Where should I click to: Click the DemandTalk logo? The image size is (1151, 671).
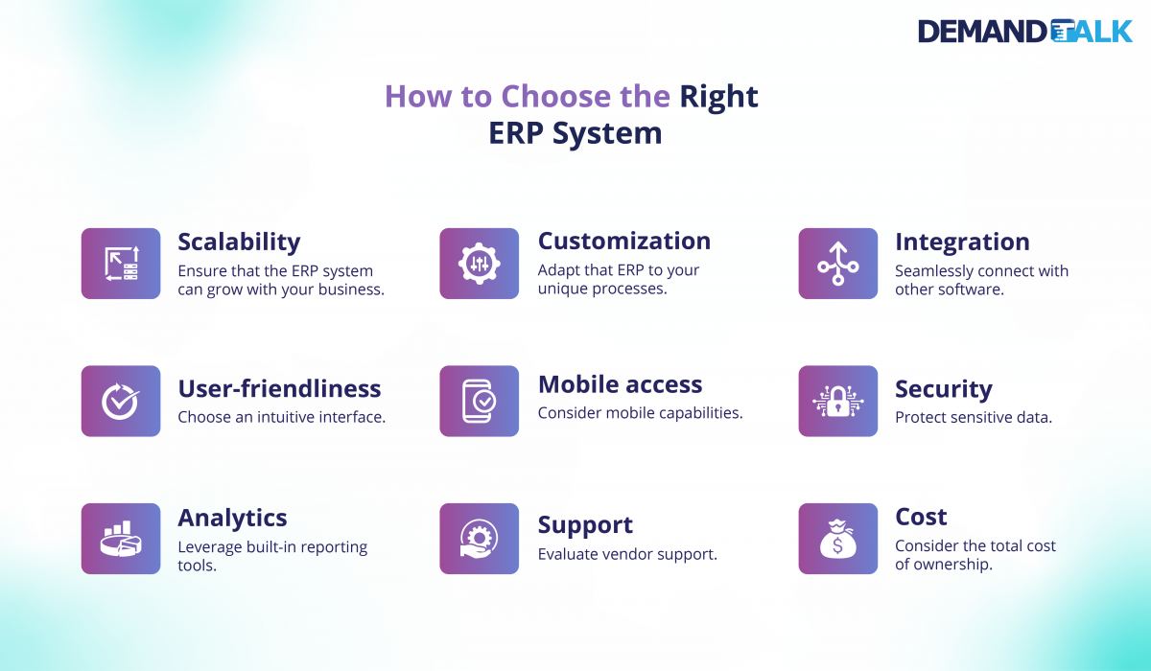tap(1025, 31)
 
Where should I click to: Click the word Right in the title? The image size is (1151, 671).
tap(718, 97)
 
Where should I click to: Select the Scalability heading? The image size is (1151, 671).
tap(239, 242)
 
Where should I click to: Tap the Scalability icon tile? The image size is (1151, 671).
tap(121, 264)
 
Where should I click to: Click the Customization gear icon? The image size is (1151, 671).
tap(479, 264)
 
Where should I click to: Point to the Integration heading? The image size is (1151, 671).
tap(962, 242)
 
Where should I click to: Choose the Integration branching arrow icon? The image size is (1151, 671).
tap(837, 264)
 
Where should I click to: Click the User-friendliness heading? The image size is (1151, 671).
tap(279, 388)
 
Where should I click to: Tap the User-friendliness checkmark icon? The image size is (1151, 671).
tap(121, 401)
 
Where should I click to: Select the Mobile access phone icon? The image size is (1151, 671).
tap(479, 401)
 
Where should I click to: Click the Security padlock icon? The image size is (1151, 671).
tap(837, 401)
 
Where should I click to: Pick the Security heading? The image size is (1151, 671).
tap(943, 388)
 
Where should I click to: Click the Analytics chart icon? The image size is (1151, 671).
tap(121, 539)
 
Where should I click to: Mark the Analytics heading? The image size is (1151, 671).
tap(232, 518)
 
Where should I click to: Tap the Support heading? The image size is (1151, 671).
tap(585, 525)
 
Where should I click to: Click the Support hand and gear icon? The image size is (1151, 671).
tap(479, 539)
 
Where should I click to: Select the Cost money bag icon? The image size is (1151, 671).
tap(837, 539)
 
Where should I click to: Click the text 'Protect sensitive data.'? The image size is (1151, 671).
tap(974, 418)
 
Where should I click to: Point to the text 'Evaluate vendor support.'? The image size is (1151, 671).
tap(627, 554)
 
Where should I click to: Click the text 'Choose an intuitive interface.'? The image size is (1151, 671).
tap(281, 418)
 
